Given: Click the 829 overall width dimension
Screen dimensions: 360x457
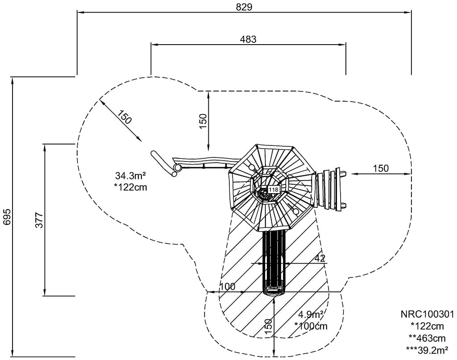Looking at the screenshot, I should click(245, 7).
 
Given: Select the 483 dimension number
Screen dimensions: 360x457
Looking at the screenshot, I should click(248, 39).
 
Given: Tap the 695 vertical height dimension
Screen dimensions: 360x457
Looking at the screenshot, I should click(6, 217).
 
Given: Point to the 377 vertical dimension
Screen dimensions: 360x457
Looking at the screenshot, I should click(39, 220).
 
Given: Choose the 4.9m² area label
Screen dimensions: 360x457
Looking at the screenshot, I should click(311, 314).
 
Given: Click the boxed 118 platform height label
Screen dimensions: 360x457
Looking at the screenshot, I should click(273, 190).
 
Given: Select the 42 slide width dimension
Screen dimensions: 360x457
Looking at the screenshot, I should click(320, 258).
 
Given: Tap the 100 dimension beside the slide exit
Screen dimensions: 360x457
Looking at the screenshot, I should click(227, 287).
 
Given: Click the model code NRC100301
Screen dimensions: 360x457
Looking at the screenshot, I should click(428, 314).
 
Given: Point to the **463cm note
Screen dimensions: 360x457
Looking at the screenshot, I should click(428, 338).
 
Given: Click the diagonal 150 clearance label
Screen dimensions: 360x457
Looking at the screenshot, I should click(125, 116).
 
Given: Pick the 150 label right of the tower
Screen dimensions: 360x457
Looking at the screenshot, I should click(381, 168).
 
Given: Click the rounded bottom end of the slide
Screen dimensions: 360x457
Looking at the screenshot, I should click(274, 292).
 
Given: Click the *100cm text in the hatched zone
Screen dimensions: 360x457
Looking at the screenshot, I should click(311, 326).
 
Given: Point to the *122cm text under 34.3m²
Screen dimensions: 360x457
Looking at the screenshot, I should click(130, 187).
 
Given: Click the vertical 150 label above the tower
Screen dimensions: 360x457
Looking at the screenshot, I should click(203, 121).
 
